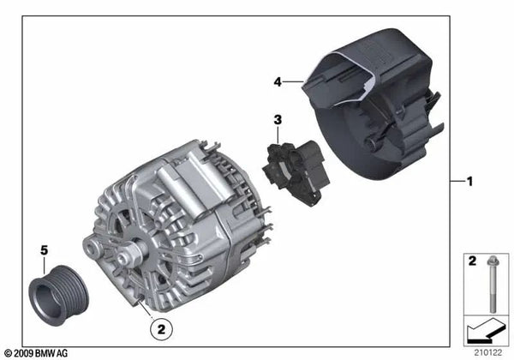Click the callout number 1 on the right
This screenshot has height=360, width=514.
469,182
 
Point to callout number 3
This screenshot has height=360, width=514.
278,118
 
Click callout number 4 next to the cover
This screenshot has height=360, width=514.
278,81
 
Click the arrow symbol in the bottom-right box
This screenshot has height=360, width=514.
485,331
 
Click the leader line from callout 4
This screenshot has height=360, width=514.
293,81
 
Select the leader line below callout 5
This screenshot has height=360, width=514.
45,263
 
